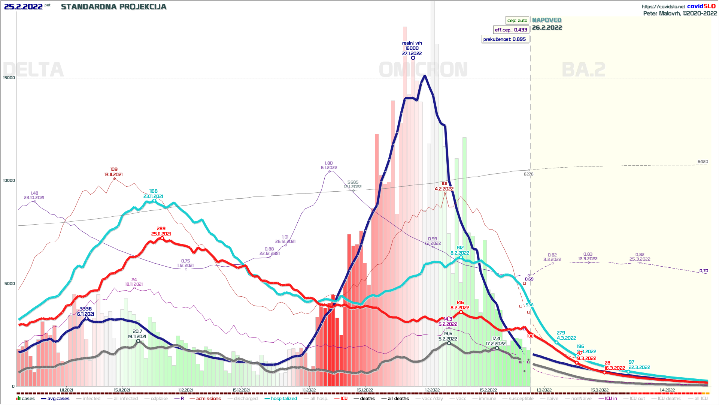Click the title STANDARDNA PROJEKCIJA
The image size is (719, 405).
tap(113, 7)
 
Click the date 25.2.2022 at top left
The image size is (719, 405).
tap(23, 7)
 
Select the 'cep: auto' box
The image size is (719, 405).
tap(517, 20)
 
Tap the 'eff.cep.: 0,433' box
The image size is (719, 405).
tap(511, 30)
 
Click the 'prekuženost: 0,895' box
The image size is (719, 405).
tap(504, 39)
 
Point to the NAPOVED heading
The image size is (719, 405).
tap(547, 20)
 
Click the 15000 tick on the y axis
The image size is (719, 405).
tap(9, 78)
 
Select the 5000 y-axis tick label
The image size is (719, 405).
tap(10, 283)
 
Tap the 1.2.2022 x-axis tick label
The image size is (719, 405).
tap(432, 390)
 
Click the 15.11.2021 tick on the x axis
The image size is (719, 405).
tap(122, 390)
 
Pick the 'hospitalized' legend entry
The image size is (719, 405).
tap(283, 399)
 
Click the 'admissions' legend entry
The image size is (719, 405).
tap(208, 399)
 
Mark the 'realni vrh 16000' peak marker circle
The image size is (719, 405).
tap(413, 58)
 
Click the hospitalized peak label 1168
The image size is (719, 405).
tap(153, 191)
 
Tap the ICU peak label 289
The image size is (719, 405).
tap(161, 228)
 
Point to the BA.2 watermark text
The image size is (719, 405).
tap(583, 70)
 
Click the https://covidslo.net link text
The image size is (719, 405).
tap(663, 6)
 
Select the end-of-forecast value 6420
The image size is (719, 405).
tap(703, 162)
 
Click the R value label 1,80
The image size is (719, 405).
tap(329, 163)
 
